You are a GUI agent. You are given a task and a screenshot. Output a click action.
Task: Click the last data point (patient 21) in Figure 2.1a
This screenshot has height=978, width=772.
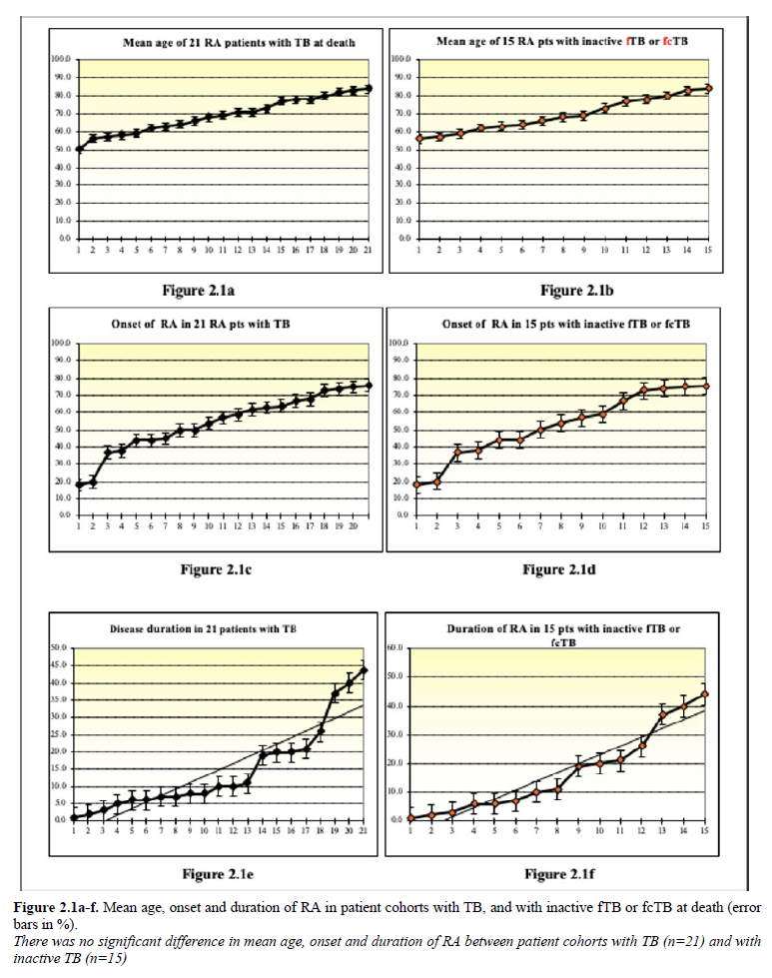click(369, 88)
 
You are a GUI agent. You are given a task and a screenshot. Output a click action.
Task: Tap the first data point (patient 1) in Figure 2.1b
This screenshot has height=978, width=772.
click(418, 138)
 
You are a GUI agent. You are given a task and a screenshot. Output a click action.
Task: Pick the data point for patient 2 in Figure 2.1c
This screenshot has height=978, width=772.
click(94, 482)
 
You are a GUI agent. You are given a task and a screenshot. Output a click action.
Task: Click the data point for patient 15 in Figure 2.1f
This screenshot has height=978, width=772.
click(705, 693)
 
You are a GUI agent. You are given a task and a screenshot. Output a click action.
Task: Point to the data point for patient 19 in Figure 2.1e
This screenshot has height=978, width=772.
click(335, 694)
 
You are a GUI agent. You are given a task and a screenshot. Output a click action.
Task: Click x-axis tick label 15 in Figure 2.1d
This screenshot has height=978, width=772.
click(705, 524)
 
